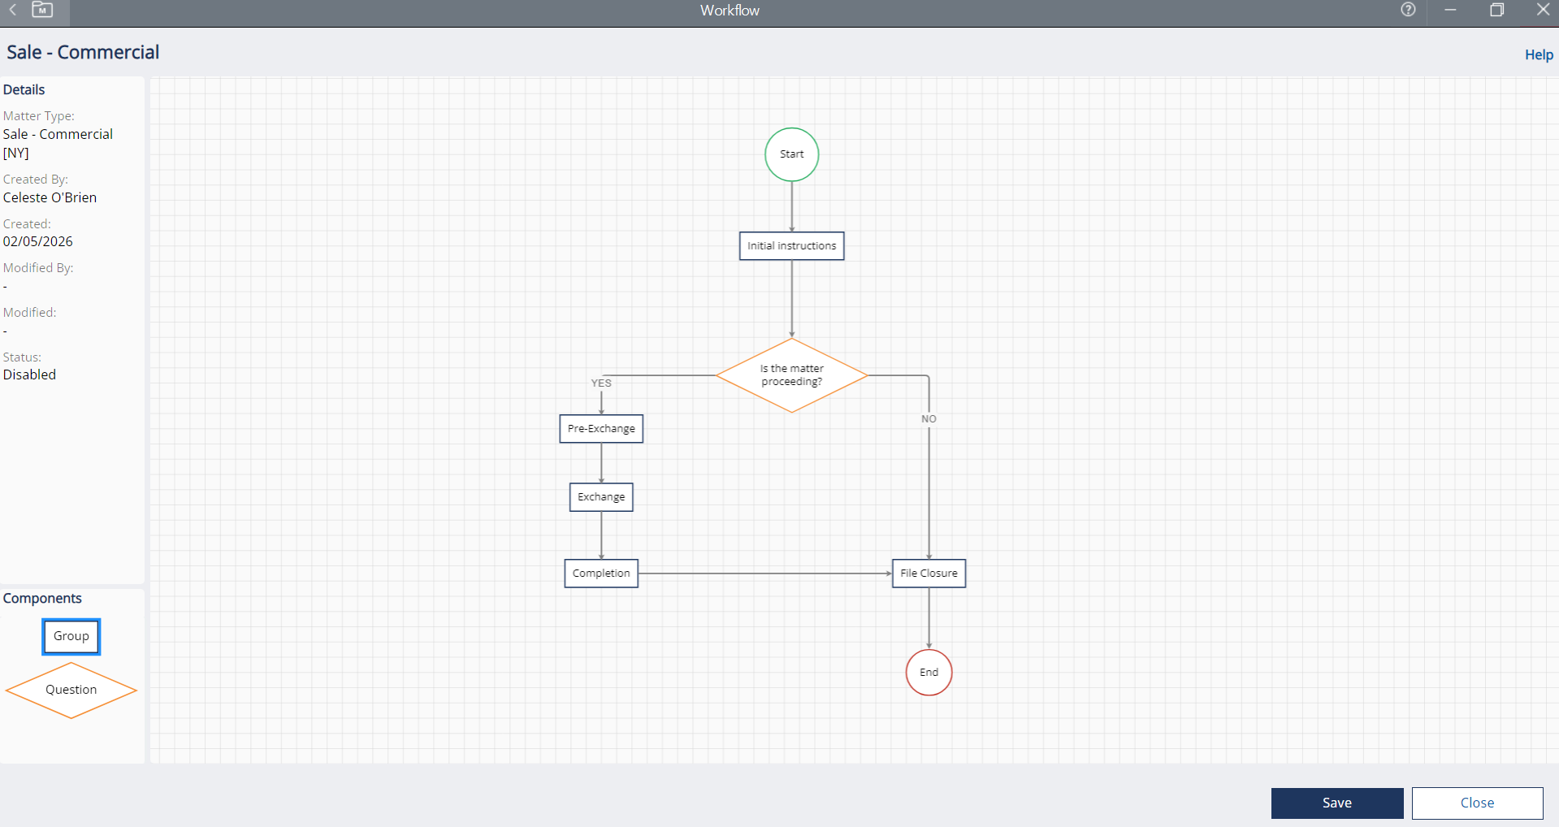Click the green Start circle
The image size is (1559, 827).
point(791,154)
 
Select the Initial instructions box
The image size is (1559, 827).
point(791,246)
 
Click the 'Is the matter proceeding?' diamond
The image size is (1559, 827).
point(791,375)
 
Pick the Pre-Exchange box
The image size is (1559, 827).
point(601,429)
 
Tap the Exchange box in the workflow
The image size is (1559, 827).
point(601,497)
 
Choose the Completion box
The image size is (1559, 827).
point(601,574)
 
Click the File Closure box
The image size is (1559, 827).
point(929,574)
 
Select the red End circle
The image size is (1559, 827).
point(929,673)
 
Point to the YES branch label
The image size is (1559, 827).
point(601,383)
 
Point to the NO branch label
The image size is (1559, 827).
point(929,419)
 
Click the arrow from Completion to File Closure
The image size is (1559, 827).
point(764,574)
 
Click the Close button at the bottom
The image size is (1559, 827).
point(1477,803)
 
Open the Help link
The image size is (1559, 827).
point(1539,54)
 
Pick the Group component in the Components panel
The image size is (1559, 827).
point(71,637)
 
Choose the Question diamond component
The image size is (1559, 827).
point(71,691)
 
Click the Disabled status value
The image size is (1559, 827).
point(29,375)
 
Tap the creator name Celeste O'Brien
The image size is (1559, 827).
point(50,197)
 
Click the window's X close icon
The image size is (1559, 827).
point(1544,10)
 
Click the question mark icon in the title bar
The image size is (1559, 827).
point(1408,10)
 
